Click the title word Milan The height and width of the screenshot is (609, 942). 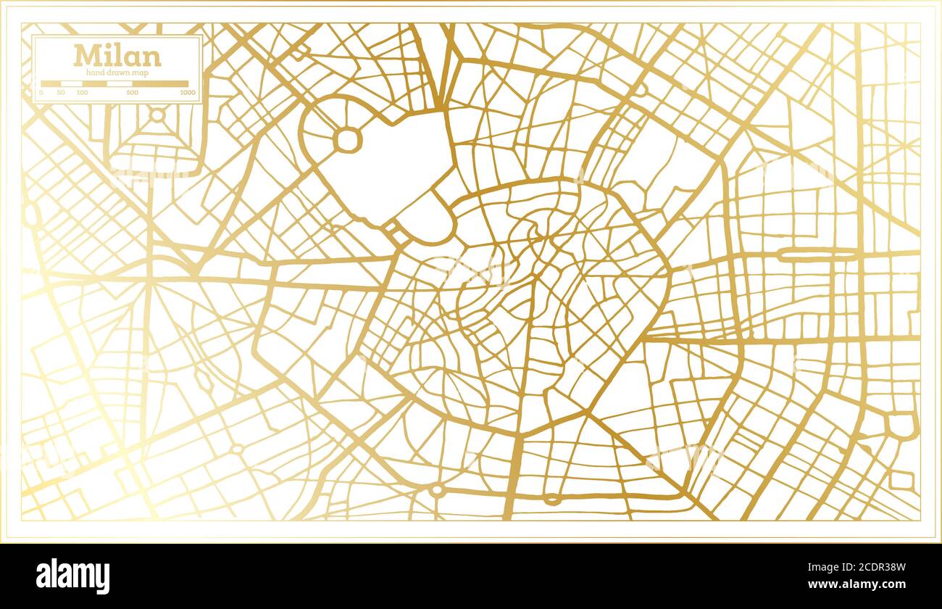click(117, 55)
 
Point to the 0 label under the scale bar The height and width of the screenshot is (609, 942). click(41, 93)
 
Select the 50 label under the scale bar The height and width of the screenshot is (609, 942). click(60, 93)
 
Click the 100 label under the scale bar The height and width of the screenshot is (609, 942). click(82, 93)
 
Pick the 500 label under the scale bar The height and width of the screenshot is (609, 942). click(132, 93)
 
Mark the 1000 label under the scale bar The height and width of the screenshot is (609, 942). click(188, 93)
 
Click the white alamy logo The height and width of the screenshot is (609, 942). click(73, 576)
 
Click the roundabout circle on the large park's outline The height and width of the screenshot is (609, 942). click(347, 140)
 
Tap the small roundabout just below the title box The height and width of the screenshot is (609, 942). click(157, 115)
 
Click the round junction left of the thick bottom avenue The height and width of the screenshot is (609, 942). click(436, 491)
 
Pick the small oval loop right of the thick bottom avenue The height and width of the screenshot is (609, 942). click(552, 499)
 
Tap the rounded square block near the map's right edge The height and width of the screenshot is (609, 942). click(901, 426)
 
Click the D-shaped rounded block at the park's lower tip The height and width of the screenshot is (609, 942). click(428, 222)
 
